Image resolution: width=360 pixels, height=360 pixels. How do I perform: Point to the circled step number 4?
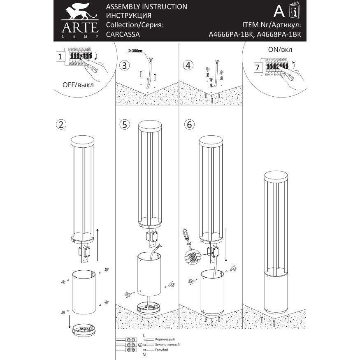tap(188, 65)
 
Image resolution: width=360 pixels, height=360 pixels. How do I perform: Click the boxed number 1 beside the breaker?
tap(60, 57)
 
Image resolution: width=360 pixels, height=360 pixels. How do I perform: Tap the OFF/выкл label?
tap(78, 85)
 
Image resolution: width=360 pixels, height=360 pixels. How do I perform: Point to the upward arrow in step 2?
tap(97, 243)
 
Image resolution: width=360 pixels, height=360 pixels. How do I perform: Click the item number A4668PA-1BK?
tap(279, 35)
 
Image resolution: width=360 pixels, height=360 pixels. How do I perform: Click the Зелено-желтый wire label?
tap(167, 344)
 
